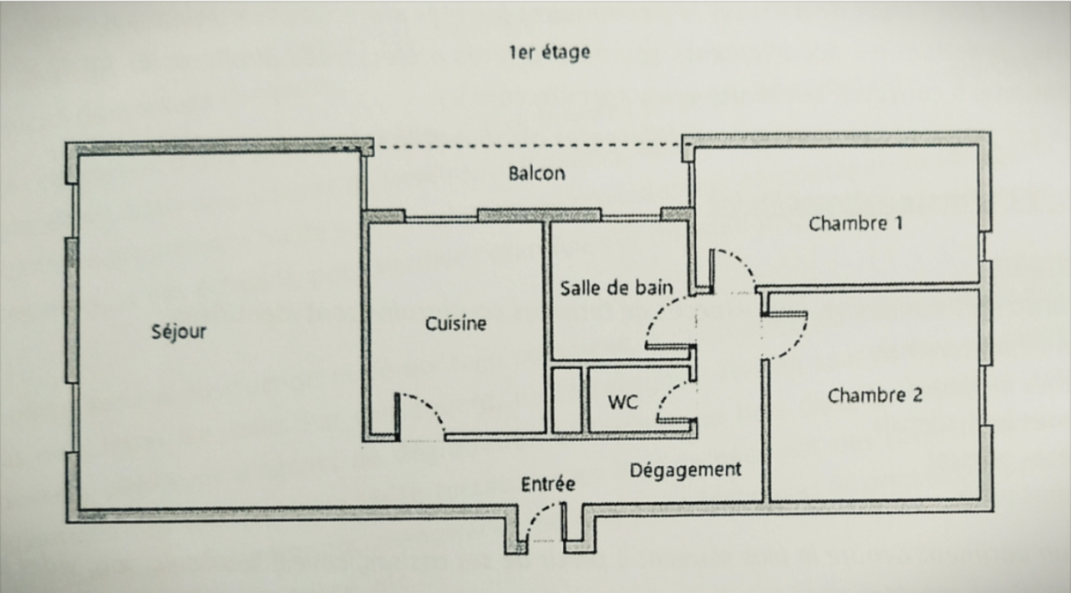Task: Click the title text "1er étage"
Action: click(x=549, y=53)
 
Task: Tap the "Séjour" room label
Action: click(x=179, y=333)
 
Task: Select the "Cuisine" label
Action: click(x=456, y=324)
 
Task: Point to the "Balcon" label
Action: click(x=537, y=173)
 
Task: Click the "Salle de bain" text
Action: click(x=617, y=288)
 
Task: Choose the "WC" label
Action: click(x=623, y=402)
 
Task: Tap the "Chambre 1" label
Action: click(x=855, y=223)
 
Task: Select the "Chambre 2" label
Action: click(x=874, y=396)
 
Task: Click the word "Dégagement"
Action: click(x=685, y=469)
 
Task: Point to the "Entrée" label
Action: click(x=548, y=484)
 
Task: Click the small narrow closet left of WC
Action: click(x=567, y=400)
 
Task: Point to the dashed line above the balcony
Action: click(x=528, y=145)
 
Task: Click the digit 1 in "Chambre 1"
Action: click(x=897, y=223)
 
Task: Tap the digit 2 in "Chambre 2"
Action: click(x=916, y=396)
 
